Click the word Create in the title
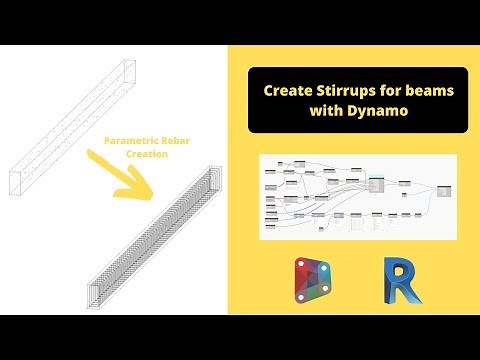point(286,90)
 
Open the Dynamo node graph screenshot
point(357,196)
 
